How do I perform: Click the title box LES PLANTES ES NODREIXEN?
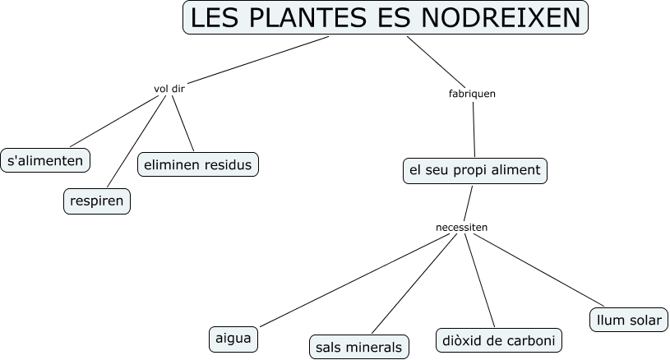pos(386,18)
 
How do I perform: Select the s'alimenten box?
pos(45,160)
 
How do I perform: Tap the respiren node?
pos(97,201)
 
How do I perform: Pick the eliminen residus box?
pos(198,164)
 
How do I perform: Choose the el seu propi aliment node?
pos(475,170)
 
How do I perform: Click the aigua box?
pos(233,338)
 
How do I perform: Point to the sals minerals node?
pos(359,347)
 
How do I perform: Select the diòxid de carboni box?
pos(498,340)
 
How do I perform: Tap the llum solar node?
pos(629,320)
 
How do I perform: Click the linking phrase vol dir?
pos(169,89)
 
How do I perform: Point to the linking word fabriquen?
pos(472,94)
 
